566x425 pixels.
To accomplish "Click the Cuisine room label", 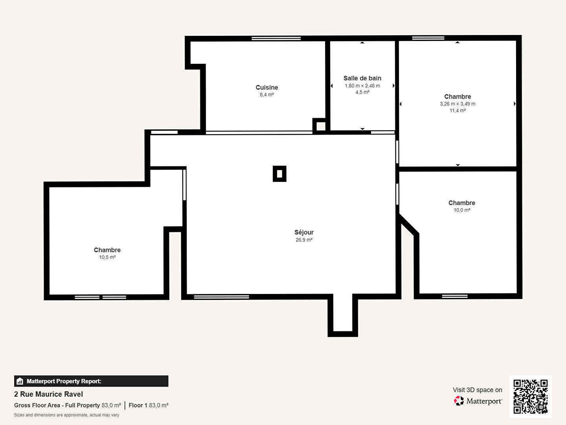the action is (266, 87).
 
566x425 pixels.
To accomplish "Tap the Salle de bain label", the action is (362, 78).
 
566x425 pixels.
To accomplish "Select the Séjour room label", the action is (304, 232).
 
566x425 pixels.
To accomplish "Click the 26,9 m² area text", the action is (304, 240).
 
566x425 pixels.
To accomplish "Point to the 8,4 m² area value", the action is (266, 95).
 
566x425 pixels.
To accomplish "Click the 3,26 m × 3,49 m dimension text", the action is (458, 104).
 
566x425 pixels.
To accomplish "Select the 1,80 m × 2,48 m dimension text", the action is (362, 86).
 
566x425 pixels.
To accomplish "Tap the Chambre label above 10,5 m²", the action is (107, 250).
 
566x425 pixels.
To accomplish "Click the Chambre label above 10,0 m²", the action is (462, 203).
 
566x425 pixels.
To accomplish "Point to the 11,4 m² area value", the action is (458, 111).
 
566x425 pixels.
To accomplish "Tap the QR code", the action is (530, 397).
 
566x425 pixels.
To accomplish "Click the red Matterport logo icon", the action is (459, 401).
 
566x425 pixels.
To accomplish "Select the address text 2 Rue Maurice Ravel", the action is (48, 394).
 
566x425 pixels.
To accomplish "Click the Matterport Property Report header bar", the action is (91, 381).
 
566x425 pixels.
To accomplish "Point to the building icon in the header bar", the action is (20, 381).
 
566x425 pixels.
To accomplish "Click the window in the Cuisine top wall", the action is (276, 39).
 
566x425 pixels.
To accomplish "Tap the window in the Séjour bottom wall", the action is (222, 297).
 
